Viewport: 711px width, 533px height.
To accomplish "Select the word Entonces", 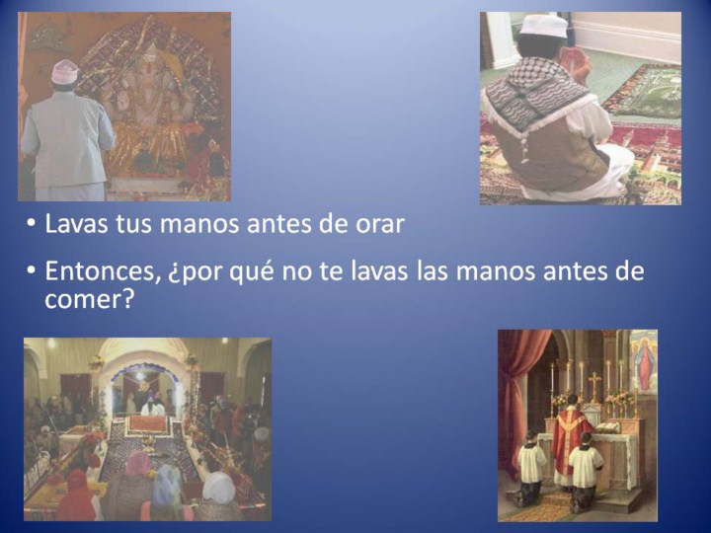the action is (103, 272).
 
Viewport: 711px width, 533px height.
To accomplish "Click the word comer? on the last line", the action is (89, 300).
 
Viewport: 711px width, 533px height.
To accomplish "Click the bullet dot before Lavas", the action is (31, 223).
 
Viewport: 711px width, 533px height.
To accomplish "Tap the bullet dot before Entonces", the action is (31, 270).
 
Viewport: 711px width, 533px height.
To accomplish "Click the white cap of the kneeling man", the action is (543, 26).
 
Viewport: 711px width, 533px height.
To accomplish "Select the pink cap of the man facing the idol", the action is (65, 72).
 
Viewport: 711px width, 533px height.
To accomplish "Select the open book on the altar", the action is (606, 427).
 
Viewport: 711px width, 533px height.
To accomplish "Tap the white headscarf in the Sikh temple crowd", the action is (219, 487).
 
